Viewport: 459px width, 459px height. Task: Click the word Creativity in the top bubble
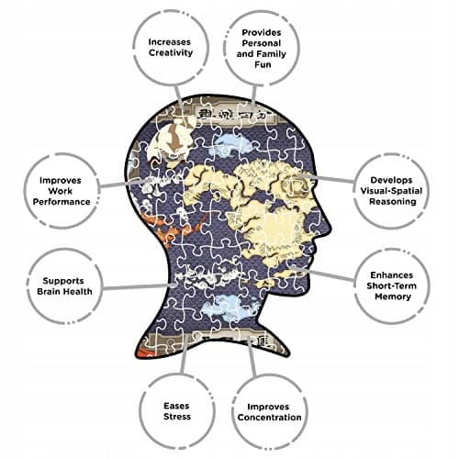click(171, 52)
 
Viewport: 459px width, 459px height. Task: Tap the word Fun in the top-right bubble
click(263, 64)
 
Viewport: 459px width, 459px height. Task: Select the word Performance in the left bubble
click(62, 202)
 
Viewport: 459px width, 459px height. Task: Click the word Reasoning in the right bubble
click(393, 202)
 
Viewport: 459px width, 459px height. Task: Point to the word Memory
click(393, 297)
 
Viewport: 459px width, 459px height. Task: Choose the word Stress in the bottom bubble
click(177, 417)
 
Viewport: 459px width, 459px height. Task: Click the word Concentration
click(269, 418)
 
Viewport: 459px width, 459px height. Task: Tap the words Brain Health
click(64, 291)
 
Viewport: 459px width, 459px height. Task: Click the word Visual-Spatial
click(391, 191)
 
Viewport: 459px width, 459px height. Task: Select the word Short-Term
click(392, 285)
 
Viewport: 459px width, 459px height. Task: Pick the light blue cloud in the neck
click(231, 307)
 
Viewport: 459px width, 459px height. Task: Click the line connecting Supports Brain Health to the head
click(140, 286)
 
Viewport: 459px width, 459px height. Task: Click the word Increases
click(170, 42)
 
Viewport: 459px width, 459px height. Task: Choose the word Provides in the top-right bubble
click(262, 32)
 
